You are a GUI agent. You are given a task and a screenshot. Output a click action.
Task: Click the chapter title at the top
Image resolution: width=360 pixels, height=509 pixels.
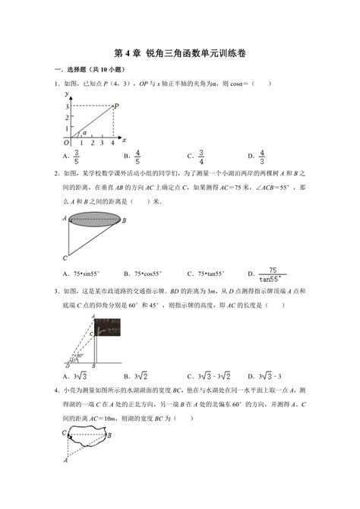180,54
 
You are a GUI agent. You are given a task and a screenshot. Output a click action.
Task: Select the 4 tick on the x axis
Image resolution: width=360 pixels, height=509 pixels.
112,143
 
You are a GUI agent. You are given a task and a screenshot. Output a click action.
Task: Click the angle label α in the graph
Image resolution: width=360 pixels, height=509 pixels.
84,133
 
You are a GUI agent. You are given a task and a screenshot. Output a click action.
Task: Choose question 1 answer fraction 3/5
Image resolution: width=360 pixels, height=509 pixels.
76,157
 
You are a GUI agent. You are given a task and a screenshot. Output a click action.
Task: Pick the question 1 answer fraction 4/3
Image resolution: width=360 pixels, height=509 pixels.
261,157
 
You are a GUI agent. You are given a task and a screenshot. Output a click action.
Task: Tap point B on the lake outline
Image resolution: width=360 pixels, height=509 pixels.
111,435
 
